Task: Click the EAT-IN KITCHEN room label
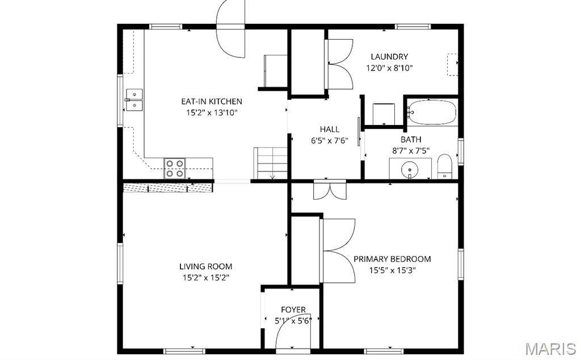click(211, 102)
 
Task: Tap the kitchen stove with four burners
click(175, 169)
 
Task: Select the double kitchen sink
click(134, 100)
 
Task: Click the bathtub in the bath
click(433, 112)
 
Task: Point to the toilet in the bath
click(444, 166)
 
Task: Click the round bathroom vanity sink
click(409, 169)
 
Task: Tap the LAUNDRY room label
click(389, 57)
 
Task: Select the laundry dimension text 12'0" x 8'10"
click(389, 68)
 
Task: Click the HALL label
click(329, 130)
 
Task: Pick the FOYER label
click(293, 310)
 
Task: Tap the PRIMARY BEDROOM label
click(392, 259)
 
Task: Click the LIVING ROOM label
click(205, 266)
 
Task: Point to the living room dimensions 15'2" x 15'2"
click(205, 278)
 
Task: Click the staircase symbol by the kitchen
click(271, 163)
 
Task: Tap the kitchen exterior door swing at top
click(231, 31)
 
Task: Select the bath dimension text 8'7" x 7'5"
click(411, 150)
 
